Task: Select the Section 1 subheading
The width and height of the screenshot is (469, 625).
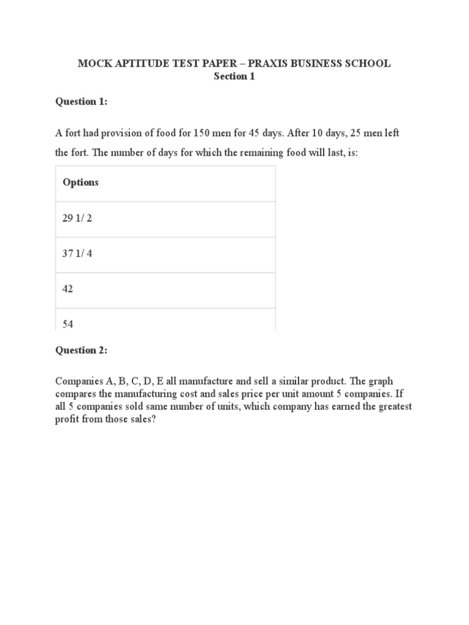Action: click(x=234, y=76)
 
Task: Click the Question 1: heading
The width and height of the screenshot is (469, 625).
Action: click(x=81, y=102)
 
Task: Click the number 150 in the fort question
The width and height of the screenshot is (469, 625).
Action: click(x=202, y=132)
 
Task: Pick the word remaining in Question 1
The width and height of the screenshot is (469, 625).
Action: click(x=264, y=152)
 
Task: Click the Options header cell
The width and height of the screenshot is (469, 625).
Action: click(x=81, y=182)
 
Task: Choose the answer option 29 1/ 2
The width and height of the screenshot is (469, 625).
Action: click(x=78, y=218)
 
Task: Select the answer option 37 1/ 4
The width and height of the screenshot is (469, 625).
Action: click(x=78, y=253)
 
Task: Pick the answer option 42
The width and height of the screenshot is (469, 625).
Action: click(x=68, y=289)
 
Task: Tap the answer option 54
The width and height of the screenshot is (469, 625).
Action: click(x=68, y=324)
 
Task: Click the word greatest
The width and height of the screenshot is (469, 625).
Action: click(x=393, y=406)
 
